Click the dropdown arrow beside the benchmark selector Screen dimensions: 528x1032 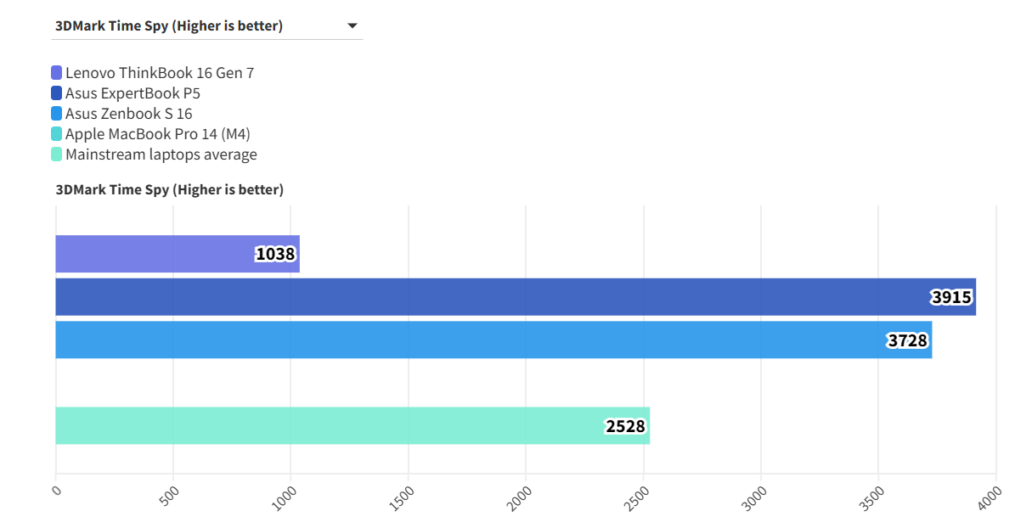(x=352, y=26)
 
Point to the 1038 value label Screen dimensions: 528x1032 (x=275, y=254)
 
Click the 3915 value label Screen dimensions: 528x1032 (x=951, y=297)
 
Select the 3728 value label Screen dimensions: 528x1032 (x=907, y=340)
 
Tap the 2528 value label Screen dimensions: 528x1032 (x=625, y=426)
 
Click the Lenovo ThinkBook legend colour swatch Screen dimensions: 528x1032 (x=57, y=73)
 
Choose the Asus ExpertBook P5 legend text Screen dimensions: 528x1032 (x=133, y=93)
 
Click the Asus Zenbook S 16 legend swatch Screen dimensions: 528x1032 (x=57, y=114)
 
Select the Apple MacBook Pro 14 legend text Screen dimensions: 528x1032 (x=157, y=134)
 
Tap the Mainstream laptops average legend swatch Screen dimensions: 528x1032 (x=57, y=154)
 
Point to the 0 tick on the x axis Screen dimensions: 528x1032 (x=56, y=490)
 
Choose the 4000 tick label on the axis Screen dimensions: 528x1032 (x=991, y=496)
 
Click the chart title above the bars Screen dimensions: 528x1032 (x=169, y=189)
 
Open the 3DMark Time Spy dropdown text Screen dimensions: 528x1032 (x=169, y=26)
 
